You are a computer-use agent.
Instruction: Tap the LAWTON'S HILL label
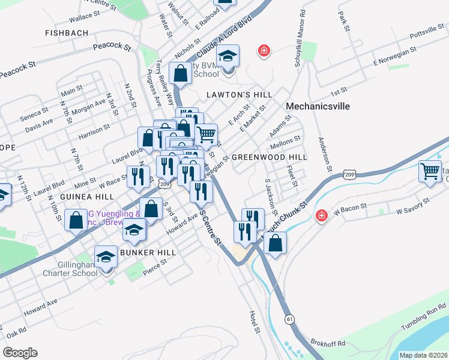[x=239, y=95]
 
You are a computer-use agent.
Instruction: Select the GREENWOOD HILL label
[x=269, y=157]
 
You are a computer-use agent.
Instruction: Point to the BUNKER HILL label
[x=148, y=253]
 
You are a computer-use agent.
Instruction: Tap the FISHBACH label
[x=66, y=33]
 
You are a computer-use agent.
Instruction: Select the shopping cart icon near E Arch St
[x=206, y=134]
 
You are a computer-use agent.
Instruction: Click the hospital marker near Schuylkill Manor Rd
[x=263, y=51]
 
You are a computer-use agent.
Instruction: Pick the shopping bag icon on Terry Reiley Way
[x=180, y=73]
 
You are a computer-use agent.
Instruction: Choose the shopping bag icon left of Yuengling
[x=76, y=220]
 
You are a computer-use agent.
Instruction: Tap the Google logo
[x=20, y=353]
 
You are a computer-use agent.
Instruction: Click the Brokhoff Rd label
[x=328, y=344]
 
